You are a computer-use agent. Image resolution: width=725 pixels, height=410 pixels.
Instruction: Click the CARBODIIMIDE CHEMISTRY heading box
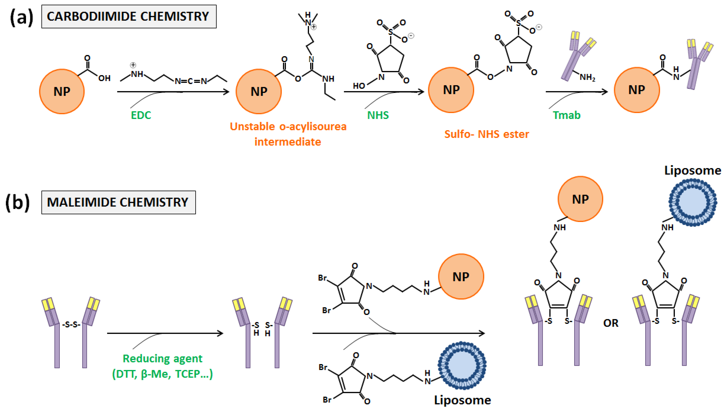pos(129,16)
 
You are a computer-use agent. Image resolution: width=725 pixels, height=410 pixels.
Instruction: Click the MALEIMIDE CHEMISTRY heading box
pos(118,202)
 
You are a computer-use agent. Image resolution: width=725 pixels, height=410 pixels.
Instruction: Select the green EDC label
pos(141,115)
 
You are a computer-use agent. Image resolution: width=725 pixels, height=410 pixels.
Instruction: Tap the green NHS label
pos(378,115)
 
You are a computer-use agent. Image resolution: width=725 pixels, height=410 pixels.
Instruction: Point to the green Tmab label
pos(566,115)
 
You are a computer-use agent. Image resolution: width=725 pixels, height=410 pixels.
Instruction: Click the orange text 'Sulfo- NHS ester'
pos(486,134)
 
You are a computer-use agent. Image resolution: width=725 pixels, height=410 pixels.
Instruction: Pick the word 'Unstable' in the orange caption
pos(252,127)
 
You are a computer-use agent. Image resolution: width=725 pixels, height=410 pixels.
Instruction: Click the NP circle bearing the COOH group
pos(62,91)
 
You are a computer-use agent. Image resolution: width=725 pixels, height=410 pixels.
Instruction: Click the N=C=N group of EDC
pos(190,81)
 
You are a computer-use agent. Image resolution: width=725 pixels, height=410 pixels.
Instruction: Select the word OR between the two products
pos(610,323)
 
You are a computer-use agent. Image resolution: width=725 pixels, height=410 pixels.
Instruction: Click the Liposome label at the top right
pos(692,170)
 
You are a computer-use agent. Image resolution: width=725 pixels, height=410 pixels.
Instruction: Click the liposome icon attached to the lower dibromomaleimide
pos(462,366)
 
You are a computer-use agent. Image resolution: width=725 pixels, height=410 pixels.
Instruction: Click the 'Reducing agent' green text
pos(162,358)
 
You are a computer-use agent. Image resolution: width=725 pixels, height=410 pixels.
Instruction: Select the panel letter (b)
pos(17,202)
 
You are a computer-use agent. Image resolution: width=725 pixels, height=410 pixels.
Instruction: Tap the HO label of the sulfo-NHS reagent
pos(359,86)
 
